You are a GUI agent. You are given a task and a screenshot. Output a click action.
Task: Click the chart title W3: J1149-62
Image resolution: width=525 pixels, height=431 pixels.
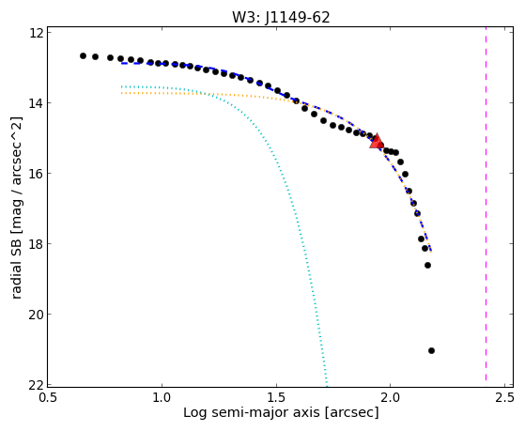281,17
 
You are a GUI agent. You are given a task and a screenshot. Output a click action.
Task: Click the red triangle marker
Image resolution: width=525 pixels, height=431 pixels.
377,141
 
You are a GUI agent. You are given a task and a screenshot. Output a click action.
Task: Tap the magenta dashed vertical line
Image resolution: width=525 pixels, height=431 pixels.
486,207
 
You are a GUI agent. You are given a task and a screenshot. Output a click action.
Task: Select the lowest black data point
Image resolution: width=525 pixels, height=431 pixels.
431,350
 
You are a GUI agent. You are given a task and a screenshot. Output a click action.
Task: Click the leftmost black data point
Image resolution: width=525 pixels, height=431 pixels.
83,56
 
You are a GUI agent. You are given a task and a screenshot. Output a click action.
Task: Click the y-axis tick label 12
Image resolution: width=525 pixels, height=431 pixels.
36,33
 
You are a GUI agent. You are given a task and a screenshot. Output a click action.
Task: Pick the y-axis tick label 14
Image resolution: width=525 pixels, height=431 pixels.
36,103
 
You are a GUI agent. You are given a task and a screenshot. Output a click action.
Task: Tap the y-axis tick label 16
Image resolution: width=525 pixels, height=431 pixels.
36,174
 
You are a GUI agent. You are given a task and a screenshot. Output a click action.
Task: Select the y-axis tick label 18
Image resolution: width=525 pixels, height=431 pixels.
36,244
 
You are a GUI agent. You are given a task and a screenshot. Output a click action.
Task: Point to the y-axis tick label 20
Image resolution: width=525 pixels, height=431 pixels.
36,315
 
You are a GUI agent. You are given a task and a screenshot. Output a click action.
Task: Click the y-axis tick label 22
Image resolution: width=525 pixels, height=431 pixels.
36,385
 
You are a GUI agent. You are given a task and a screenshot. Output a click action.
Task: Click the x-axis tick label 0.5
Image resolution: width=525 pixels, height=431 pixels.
48,397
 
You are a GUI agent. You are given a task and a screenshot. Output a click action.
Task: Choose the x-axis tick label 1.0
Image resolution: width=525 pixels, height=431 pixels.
162,397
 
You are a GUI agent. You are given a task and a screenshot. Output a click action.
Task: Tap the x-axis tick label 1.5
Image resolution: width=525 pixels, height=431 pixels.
276,397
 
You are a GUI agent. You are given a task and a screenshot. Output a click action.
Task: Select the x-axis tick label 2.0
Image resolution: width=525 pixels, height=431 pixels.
391,397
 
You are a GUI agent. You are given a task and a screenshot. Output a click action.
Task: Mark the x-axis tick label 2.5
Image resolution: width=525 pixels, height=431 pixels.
504,397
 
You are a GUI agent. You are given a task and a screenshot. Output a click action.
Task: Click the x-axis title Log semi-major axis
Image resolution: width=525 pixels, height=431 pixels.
252,412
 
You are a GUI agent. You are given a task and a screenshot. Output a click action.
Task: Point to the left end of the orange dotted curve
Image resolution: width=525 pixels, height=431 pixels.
122,93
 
